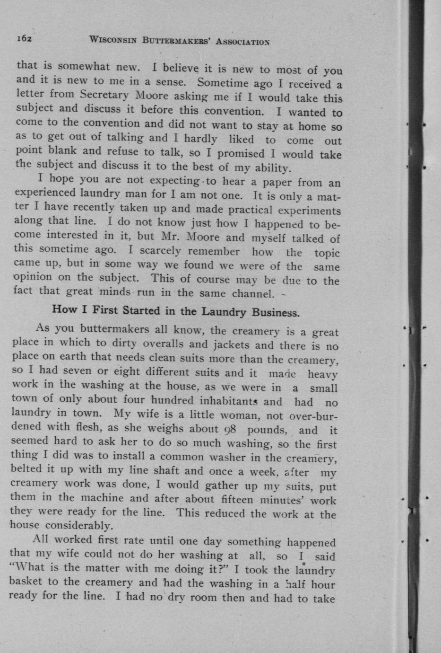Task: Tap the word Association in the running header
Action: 242,42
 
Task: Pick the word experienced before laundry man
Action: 45,193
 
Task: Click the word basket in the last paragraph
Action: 27,582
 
